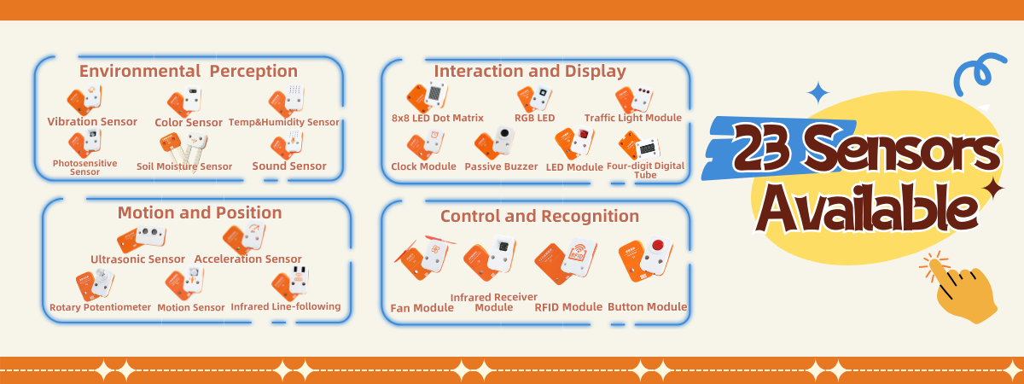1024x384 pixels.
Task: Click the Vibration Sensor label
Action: coord(92,121)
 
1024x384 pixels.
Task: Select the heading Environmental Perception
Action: coord(189,72)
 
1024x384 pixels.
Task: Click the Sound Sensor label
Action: coord(289,166)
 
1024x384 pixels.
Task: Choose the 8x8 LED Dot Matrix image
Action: coord(427,96)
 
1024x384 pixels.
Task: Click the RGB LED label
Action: coord(534,118)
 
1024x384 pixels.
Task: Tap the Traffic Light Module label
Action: coord(632,118)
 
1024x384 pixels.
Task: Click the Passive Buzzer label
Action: coord(501,166)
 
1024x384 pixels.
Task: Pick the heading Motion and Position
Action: coord(200,212)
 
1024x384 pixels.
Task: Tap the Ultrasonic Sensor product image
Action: coord(142,239)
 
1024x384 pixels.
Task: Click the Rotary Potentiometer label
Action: coord(100,307)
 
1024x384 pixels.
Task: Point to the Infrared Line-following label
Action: coord(286,306)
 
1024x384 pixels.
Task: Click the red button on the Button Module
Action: coord(658,245)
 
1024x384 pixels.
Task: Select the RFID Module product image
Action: coord(566,260)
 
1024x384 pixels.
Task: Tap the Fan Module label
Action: coord(422,308)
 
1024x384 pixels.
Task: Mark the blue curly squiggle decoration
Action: coord(978,73)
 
